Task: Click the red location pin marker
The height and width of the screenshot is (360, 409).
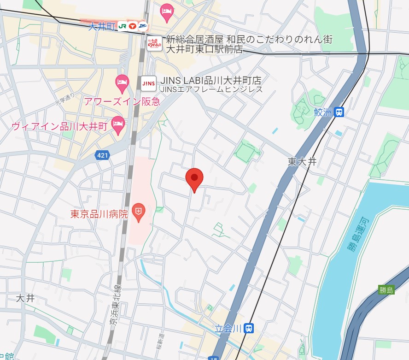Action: [194, 178]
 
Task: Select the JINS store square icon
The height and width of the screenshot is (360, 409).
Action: [148, 83]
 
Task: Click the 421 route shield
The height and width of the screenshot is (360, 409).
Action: [102, 156]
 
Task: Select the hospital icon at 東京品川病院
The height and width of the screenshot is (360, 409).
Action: [138, 212]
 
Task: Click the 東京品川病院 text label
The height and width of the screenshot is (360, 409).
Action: [99, 214]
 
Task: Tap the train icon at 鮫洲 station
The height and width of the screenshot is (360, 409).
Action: [339, 112]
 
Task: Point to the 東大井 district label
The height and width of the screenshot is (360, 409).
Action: [302, 161]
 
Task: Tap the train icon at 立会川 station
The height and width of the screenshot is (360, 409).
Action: [249, 329]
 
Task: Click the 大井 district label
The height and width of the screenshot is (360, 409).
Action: [25, 298]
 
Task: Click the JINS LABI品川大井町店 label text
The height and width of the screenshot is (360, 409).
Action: [210, 81]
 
